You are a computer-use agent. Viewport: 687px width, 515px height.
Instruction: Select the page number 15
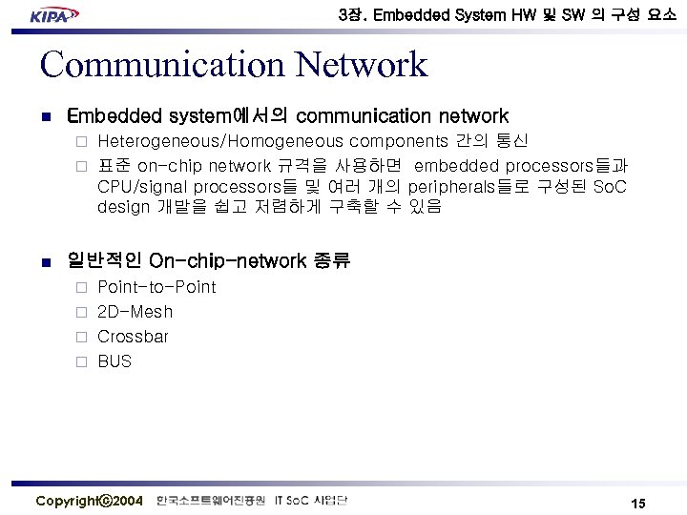[x=638, y=503]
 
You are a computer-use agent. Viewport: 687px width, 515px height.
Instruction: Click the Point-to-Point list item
[x=156, y=287]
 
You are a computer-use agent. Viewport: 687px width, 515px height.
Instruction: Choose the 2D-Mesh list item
[x=135, y=312]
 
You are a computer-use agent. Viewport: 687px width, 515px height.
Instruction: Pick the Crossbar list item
[x=133, y=337]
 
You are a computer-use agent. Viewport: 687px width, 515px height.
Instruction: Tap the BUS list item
[x=114, y=361]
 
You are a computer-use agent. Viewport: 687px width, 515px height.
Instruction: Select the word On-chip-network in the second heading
[x=228, y=260]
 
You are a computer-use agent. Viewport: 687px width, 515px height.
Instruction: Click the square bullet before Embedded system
[x=45, y=117]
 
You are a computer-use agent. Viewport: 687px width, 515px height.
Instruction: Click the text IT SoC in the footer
[x=294, y=501]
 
